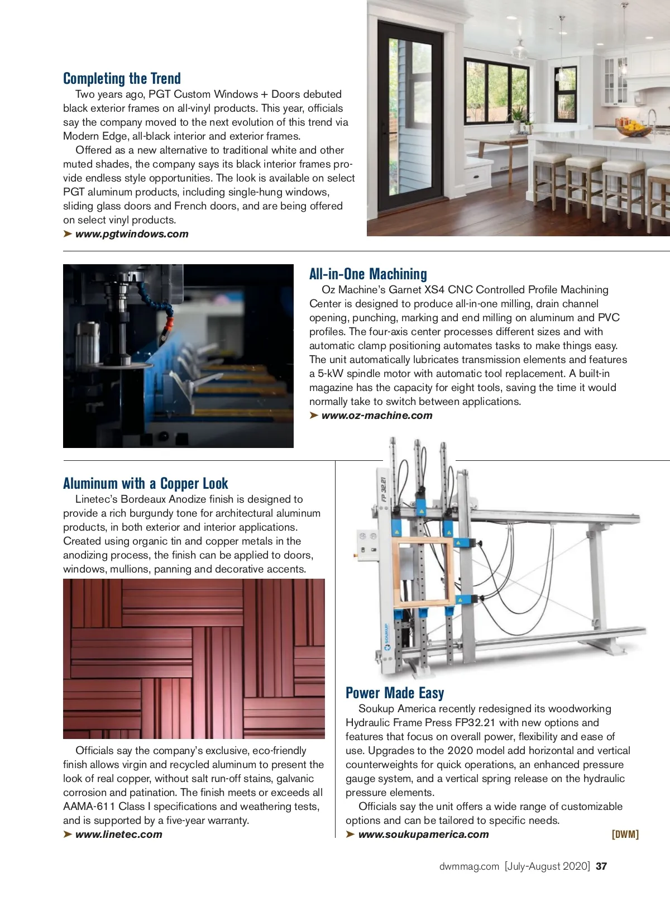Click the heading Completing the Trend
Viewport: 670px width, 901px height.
(x=122, y=78)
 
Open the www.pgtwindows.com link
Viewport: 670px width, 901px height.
(x=132, y=234)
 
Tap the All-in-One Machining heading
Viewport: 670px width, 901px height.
(x=368, y=274)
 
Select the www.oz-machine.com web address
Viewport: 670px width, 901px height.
(x=377, y=416)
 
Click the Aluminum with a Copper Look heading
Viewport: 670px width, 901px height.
(x=145, y=483)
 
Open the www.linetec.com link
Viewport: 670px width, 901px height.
(x=118, y=835)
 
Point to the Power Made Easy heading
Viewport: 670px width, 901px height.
(x=395, y=693)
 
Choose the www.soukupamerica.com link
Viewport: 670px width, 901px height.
(x=423, y=835)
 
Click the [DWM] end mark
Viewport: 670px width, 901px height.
(x=625, y=835)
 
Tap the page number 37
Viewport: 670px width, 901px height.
(x=601, y=866)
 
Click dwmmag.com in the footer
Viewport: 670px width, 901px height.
(x=469, y=866)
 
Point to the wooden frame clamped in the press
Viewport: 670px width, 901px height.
(x=423, y=572)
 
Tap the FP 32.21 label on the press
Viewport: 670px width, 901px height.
(x=384, y=489)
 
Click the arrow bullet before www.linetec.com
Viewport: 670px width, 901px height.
(x=68, y=835)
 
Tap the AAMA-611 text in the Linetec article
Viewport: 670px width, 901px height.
(x=89, y=807)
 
